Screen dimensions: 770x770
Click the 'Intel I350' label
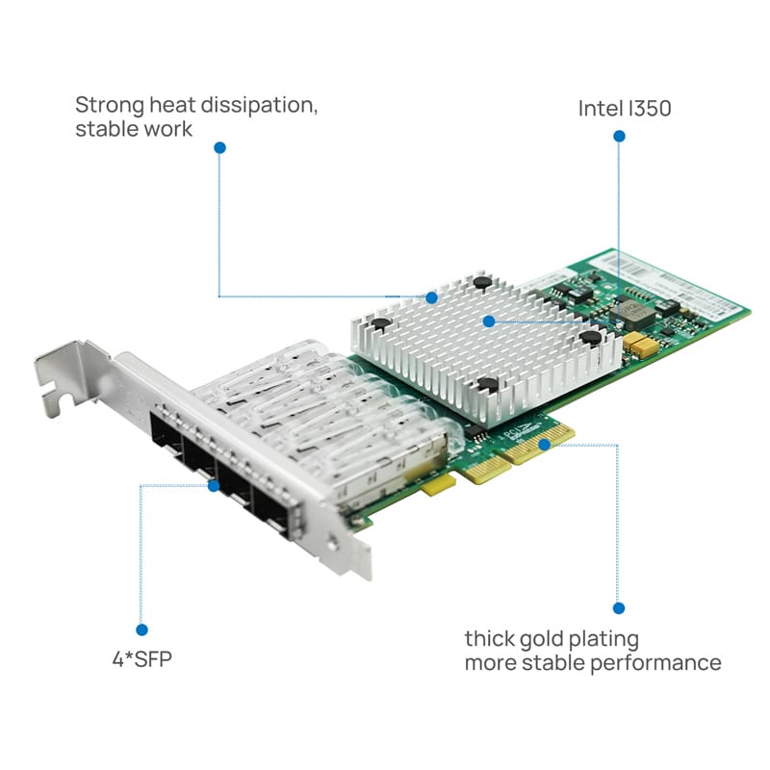point(625,109)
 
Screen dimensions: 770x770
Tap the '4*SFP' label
point(142,659)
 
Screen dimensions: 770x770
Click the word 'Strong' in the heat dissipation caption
point(110,106)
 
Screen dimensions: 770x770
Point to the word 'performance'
point(655,663)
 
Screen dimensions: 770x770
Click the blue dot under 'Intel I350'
point(619,136)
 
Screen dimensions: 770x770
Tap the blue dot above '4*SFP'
point(141,629)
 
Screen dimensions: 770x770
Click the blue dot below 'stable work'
point(220,147)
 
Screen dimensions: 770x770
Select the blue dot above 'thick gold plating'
point(619,608)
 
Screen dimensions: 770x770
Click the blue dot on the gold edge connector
point(544,445)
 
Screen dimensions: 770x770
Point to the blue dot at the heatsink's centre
point(489,321)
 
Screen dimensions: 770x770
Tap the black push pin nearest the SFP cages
point(380,323)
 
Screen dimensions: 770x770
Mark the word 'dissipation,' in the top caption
point(259,106)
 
